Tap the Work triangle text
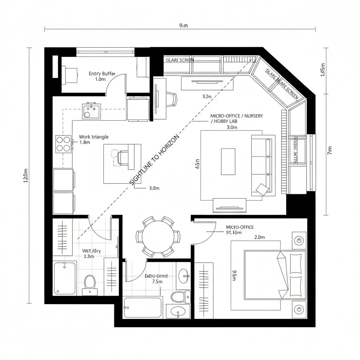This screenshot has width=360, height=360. pyautogui.click(x=94, y=137)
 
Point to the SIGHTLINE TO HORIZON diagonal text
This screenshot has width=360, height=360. pyautogui.click(x=154, y=160)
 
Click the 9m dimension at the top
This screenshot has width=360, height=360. pyautogui.click(x=184, y=25)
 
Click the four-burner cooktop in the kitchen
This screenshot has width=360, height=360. pyautogui.click(x=64, y=143)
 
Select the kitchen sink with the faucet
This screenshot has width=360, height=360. pyautogui.click(x=91, y=110)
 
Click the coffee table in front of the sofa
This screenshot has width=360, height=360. pyautogui.click(x=228, y=161)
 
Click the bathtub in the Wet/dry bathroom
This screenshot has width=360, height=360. pyautogui.click(x=65, y=278)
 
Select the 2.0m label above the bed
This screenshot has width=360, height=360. pyautogui.click(x=259, y=237)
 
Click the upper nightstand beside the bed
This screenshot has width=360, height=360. pyautogui.click(x=299, y=240)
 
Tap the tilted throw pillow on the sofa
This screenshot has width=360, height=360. pyautogui.click(x=262, y=189)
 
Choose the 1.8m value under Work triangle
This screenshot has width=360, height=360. pyautogui.click(x=85, y=143)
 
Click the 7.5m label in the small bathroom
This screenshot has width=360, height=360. pyautogui.click(x=157, y=282)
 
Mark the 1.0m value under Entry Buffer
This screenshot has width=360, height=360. pyautogui.click(x=100, y=79)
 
